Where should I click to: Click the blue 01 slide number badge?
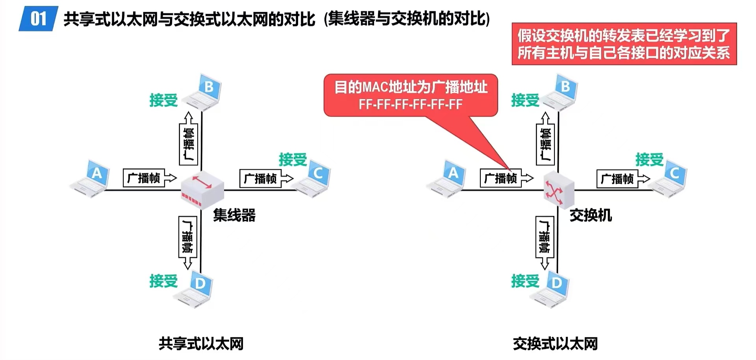coord(38,19)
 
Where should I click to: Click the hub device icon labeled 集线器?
coord(202,189)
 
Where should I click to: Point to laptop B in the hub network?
coord(204,92)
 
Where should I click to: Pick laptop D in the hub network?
coord(196,289)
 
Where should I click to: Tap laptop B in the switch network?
coord(560,92)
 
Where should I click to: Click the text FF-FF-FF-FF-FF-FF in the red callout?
coord(410,104)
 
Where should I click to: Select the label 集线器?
coord(234,215)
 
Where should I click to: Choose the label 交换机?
coord(591,215)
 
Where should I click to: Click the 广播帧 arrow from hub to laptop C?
coord(266,178)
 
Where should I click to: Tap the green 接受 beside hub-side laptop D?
coord(163,281)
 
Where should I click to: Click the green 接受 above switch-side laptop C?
coord(649,160)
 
